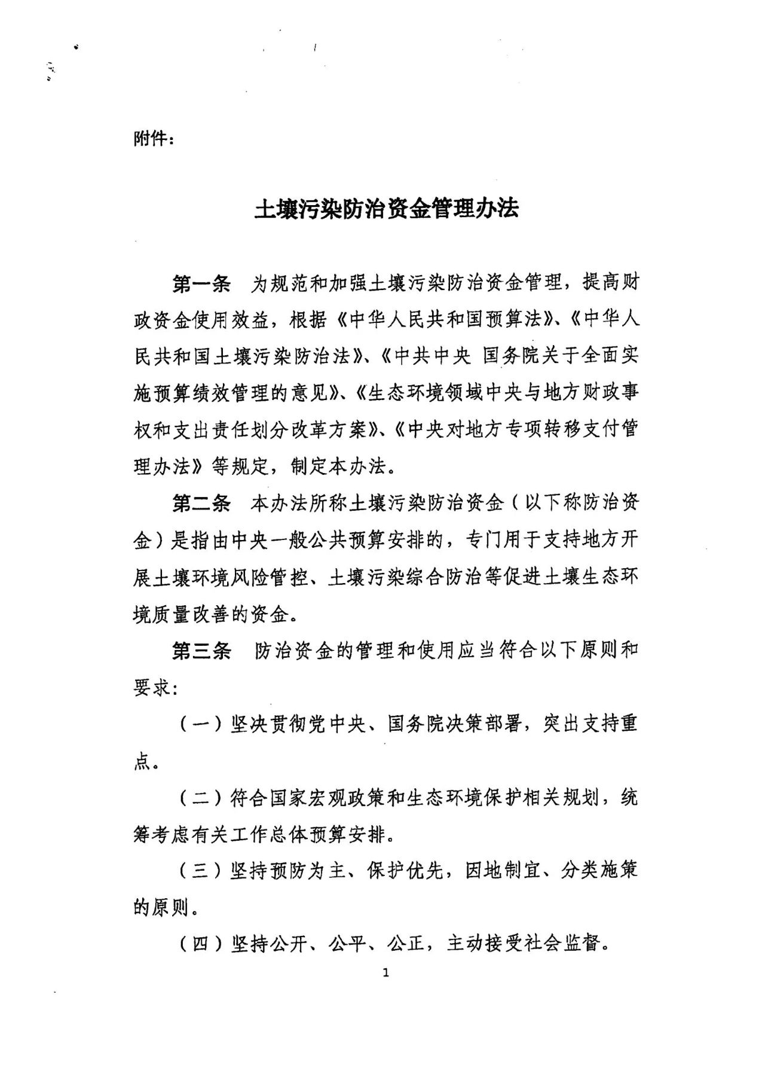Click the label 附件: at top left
pyautogui.click(x=154, y=139)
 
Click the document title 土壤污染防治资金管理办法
pyautogui.click(x=387, y=209)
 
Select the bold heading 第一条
pyautogui.click(x=201, y=283)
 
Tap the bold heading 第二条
pyautogui.click(x=201, y=504)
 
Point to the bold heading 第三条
pyautogui.click(x=201, y=651)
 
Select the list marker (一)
pyautogui.click(x=201, y=725)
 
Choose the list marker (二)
pyautogui.click(x=201, y=798)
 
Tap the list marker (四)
pyautogui.click(x=201, y=944)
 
